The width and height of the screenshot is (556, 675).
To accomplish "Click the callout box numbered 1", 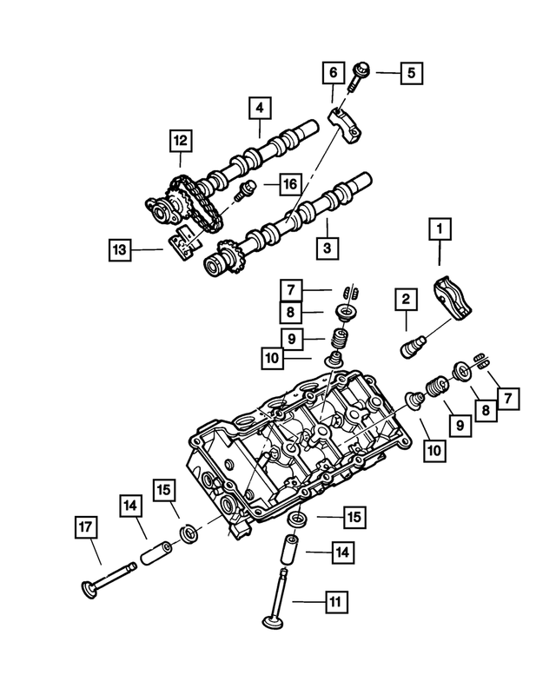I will [x=440, y=229].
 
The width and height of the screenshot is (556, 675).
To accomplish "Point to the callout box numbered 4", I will [x=258, y=109].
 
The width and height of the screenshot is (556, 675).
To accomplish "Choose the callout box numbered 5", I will [x=412, y=72].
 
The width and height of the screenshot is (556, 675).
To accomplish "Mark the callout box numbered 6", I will [x=332, y=72].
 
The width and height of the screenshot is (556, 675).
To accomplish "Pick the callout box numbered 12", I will [x=180, y=139].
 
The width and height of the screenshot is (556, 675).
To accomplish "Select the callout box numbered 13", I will [x=122, y=250].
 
